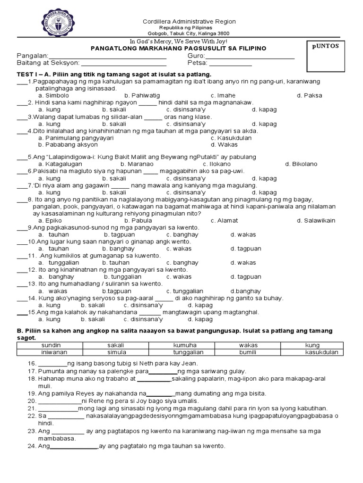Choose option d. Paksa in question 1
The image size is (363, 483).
pyautogui.click(x=309, y=95)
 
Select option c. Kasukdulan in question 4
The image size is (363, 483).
pyautogui.click(x=231, y=138)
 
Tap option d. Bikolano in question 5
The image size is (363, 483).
pyautogui.click(x=301, y=164)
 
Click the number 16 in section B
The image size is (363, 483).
pyautogui.click(x=32, y=363)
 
